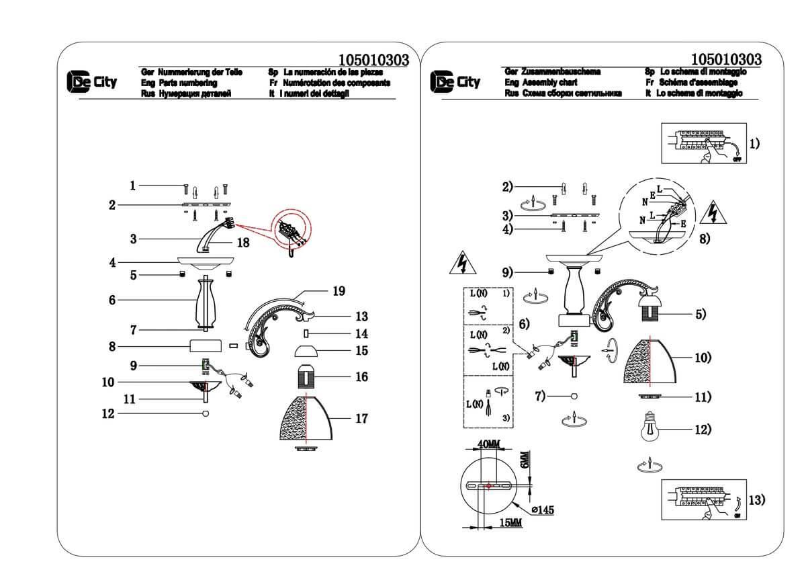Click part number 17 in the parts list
pos(361,419)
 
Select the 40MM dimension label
pos(489,444)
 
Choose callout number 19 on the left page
pos(339,291)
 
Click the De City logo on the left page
pos(91,81)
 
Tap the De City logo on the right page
pos(455,81)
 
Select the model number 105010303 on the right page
pos(725,59)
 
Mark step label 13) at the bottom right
pos(756,499)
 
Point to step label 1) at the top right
pos(754,143)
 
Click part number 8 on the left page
pos(113,346)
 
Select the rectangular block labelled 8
pos(205,346)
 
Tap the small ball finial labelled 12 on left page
pos(206,413)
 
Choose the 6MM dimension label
pos(525,460)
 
